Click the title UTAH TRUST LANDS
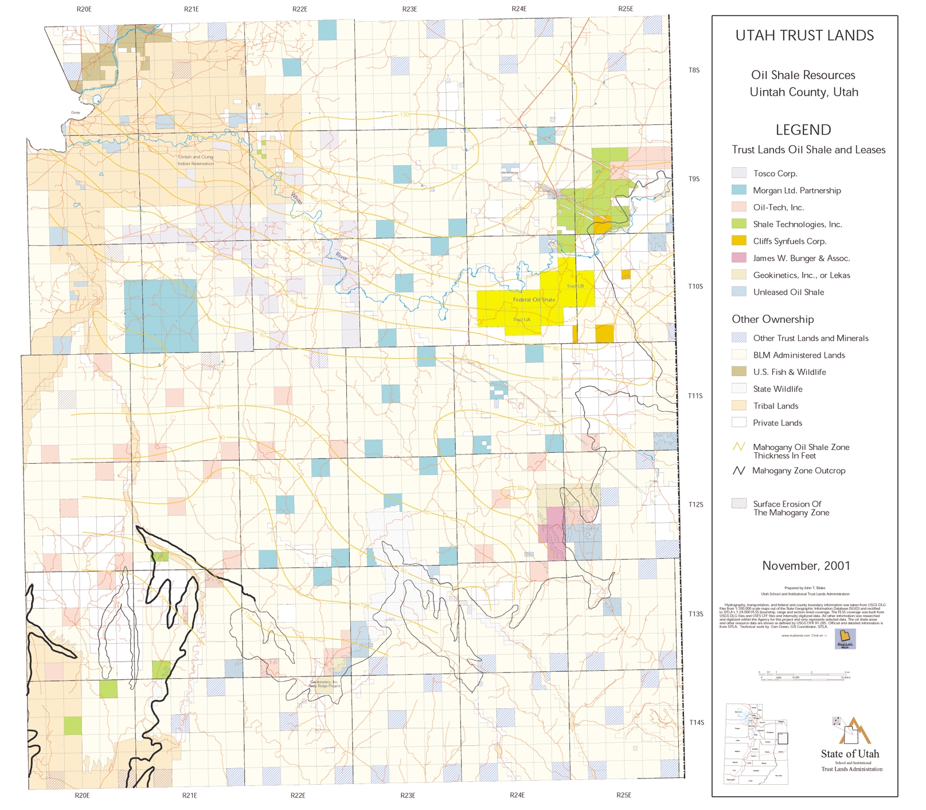click(804, 36)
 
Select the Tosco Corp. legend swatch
click(739, 173)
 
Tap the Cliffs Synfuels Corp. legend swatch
click(739, 241)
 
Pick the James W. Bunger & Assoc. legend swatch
click(739, 258)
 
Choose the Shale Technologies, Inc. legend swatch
click(739, 224)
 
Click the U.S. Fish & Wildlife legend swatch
click(739, 371)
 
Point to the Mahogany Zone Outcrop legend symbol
click(739, 471)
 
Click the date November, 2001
click(806, 566)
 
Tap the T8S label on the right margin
click(694, 71)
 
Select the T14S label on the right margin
click(696, 722)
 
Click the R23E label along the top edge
click(409, 9)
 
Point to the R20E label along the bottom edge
click(82, 795)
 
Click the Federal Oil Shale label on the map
click(534, 300)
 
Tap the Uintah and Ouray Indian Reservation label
click(196, 160)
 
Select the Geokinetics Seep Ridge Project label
click(324, 684)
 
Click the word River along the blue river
click(342, 256)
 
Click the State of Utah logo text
click(849, 754)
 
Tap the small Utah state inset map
click(756, 744)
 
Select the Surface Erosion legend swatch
click(739, 504)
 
